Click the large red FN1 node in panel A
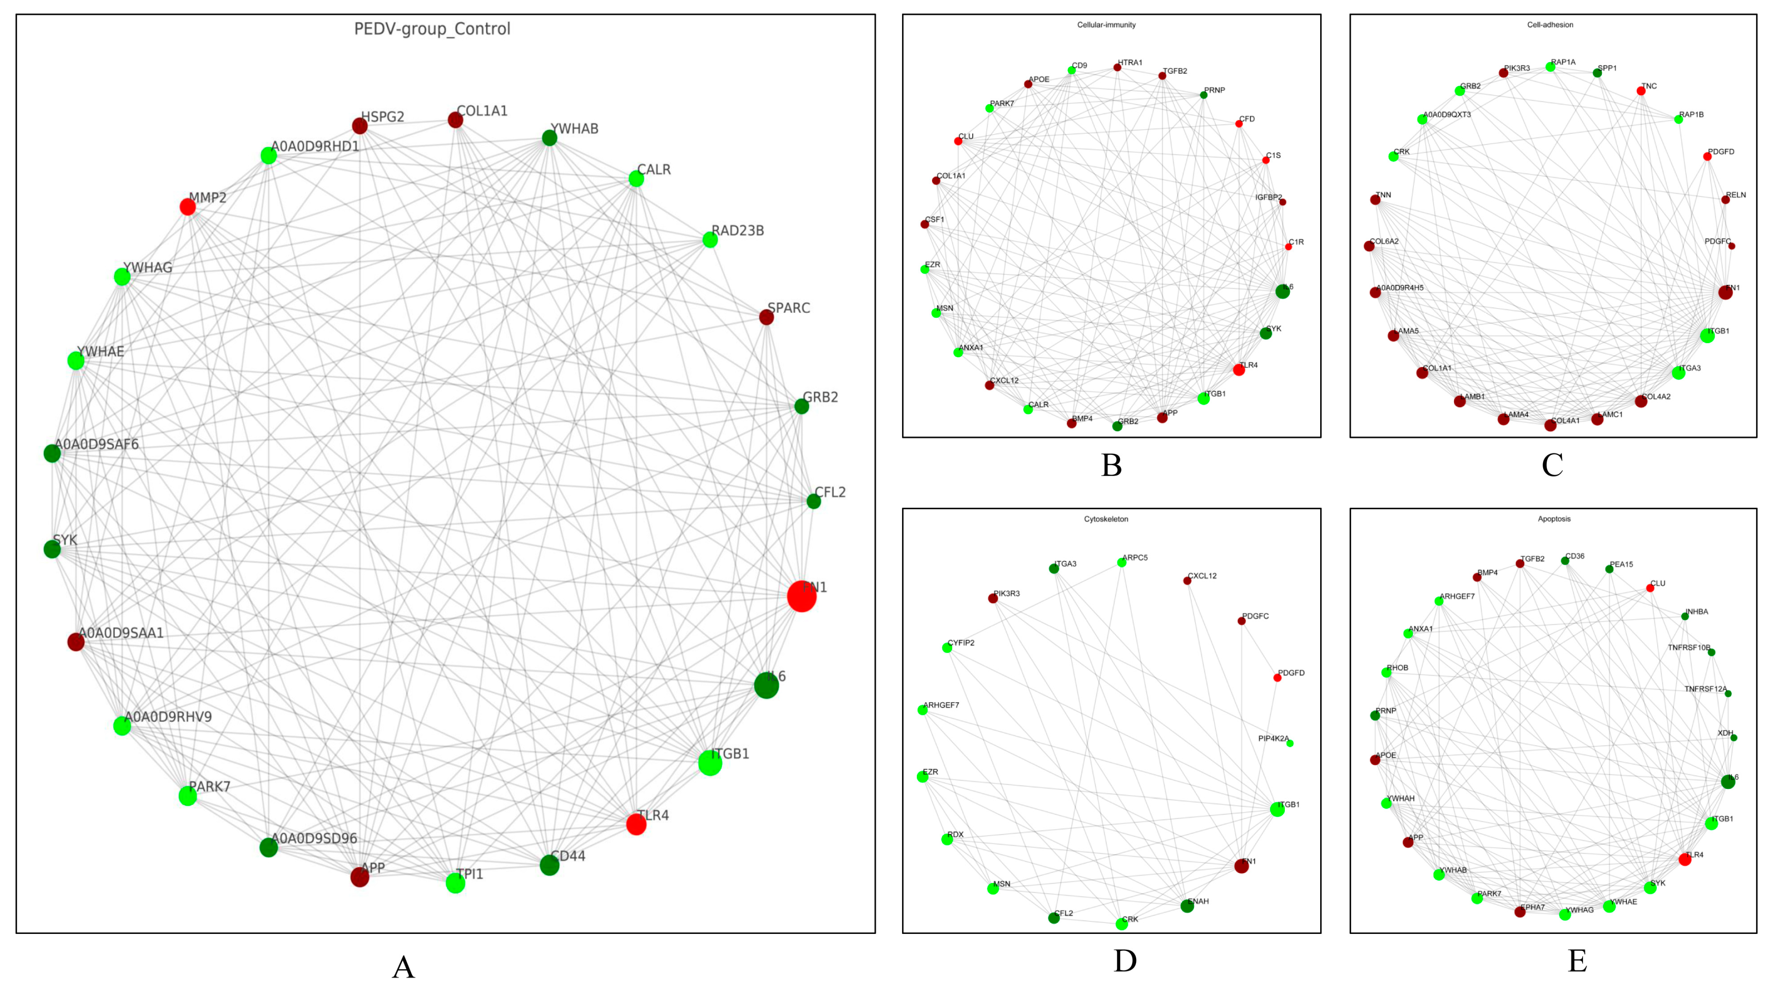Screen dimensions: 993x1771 click(x=801, y=596)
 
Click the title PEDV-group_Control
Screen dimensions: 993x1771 click(x=432, y=29)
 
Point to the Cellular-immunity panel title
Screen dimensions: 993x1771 click(x=1106, y=25)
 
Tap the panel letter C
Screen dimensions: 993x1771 click(x=1553, y=465)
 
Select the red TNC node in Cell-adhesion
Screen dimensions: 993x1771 click(x=1641, y=91)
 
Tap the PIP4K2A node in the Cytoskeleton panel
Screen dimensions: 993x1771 click(x=1290, y=743)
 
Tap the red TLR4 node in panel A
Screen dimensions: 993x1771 click(x=636, y=824)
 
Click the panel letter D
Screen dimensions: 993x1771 click(x=1125, y=961)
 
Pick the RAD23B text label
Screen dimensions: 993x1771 click(x=738, y=231)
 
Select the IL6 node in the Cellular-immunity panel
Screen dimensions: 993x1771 click(x=1282, y=291)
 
